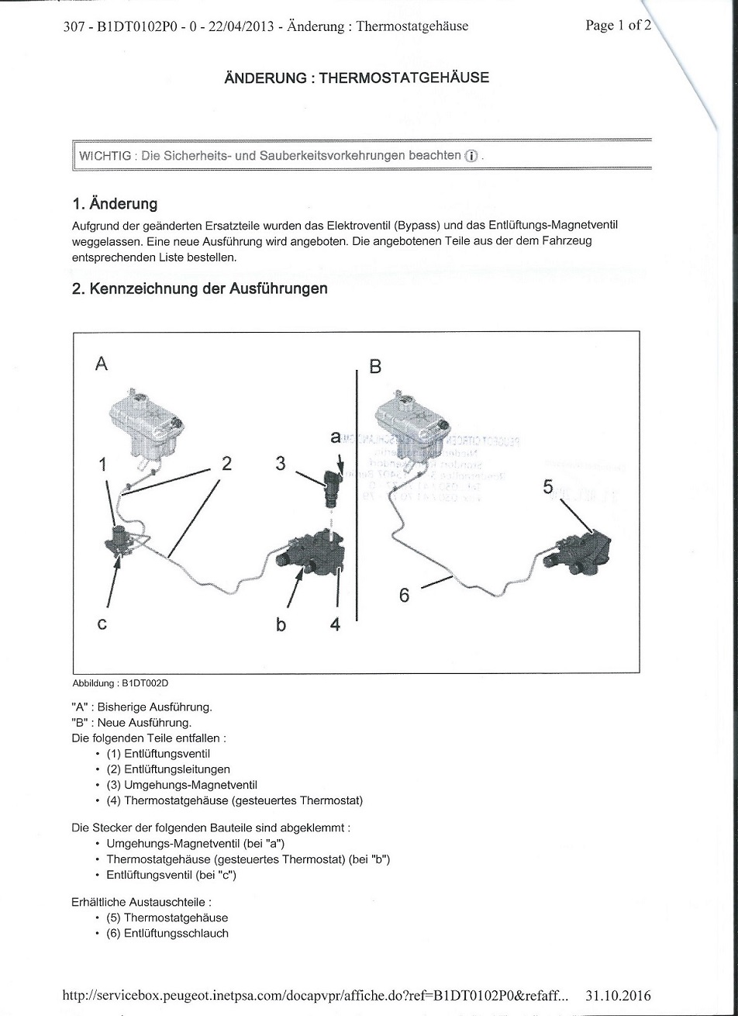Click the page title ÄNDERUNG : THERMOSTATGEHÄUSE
tap(357, 78)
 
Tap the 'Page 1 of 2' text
tap(618, 26)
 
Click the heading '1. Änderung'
tap(115, 204)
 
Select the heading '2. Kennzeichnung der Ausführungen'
tap(199, 289)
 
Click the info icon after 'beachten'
tap(471, 156)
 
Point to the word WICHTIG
tap(105, 156)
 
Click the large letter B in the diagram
tap(375, 366)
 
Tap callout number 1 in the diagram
tap(102, 464)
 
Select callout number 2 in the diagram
tap(226, 463)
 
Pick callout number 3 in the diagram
tap(281, 463)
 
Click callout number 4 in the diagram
tap(335, 623)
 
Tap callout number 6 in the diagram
tap(404, 596)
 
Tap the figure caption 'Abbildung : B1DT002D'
tap(120, 683)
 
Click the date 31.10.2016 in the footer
tap(619, 996)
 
